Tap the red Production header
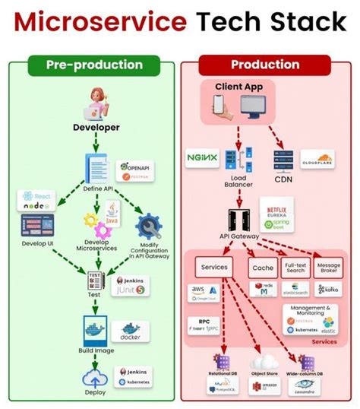tap(264, 65)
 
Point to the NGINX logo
tap(202, 159)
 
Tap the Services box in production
tap(213, 267)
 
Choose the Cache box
tap(262, 267)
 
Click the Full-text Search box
tap(295, 267)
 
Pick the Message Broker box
tap(327, 267)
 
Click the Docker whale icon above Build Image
tap(95, 329)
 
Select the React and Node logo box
tap(36, 202)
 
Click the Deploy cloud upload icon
tap(96, 378)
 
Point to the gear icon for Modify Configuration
tap(149, 226)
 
